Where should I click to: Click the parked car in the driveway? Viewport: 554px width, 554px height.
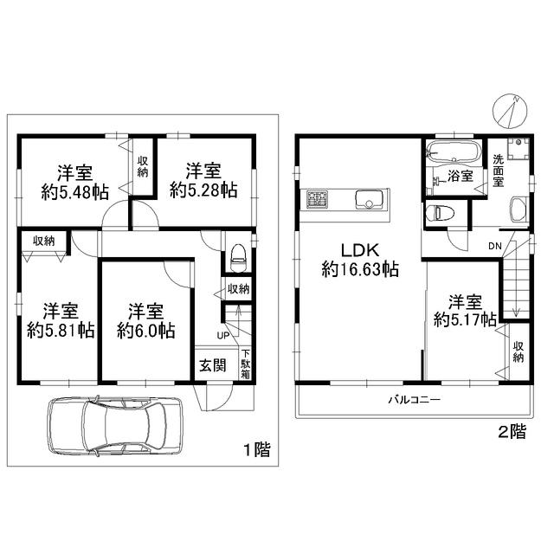(114, 425)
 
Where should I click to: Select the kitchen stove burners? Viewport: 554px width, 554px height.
(315, 199)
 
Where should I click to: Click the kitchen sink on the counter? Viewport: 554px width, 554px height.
(368, 200)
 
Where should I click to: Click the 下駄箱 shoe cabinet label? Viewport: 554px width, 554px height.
(246, 364)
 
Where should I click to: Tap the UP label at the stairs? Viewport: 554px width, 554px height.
(222, 335)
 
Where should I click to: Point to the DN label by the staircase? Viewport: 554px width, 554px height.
(495, 245)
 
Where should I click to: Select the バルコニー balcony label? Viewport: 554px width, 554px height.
(414, 400)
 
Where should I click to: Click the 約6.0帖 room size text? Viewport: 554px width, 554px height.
(145, 331)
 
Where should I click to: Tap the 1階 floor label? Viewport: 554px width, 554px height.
(256, 449)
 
